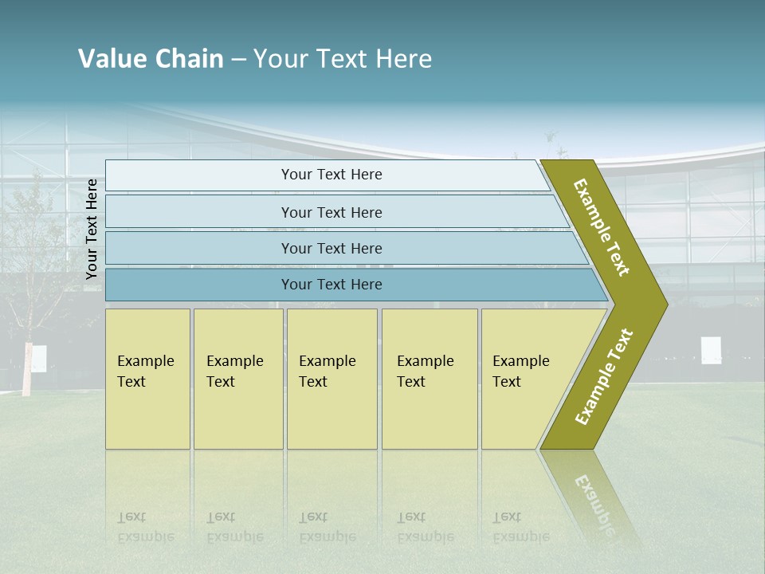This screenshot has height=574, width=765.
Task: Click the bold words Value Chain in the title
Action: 151,59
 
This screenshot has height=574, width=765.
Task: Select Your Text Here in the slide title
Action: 343,59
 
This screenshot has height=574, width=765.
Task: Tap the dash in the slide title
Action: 238,60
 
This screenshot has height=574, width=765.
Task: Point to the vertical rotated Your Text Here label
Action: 92,229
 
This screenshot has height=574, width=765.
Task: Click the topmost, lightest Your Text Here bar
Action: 331,175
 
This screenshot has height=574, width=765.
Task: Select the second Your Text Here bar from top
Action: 331,212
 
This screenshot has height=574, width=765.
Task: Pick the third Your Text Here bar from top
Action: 331,248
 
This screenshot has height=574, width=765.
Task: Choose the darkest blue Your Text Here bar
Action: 331,285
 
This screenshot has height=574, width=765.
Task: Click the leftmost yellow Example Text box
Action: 147,379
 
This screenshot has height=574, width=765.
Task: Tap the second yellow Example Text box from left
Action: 237,379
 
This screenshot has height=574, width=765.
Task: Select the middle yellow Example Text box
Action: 331,379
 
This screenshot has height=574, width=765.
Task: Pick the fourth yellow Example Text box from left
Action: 430,379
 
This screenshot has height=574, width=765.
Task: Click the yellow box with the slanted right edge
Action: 526,379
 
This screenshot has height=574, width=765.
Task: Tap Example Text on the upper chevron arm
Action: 602,227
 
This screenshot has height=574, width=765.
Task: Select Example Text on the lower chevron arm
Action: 604,376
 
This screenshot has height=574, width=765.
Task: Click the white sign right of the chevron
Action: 711,350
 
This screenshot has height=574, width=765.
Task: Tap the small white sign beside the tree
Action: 38,359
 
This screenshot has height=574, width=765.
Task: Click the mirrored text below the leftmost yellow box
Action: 145,527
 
